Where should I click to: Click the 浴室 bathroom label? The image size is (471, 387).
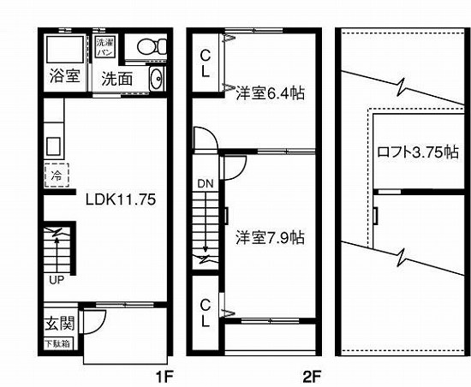[x=63, y=75]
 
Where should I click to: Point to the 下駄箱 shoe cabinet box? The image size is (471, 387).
[x=58, y=344]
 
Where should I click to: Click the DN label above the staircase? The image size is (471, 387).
[x=206, y=183]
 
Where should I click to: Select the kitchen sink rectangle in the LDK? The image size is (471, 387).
[x=53, y=145]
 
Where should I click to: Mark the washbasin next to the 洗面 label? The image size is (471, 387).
[x=156, y=80]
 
